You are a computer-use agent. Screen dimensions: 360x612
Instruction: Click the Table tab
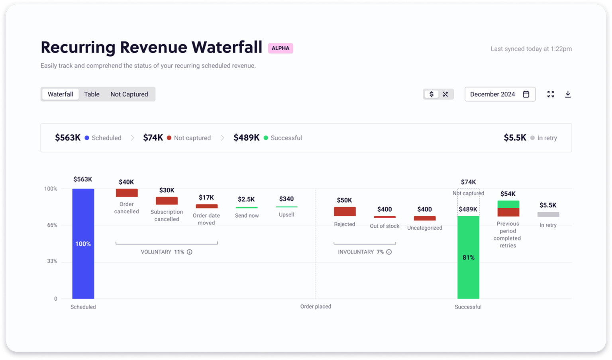(92, 94)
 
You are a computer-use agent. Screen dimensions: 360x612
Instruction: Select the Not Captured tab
(129, 94)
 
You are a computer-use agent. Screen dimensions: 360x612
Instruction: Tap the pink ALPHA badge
(280, 48)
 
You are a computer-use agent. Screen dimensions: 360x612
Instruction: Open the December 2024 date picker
(500, 94)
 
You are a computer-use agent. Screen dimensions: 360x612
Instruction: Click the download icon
(568, 94)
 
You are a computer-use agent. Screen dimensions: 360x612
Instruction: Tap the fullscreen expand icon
(551, 94)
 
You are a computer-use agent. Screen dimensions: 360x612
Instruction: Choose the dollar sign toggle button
(431, 94)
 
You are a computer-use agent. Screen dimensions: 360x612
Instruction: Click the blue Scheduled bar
(83, 243)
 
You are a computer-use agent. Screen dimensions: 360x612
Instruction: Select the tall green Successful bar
(468, 257)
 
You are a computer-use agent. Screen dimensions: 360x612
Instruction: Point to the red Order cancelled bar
(127, 193)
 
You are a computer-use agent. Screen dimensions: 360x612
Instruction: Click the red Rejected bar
(345, 211)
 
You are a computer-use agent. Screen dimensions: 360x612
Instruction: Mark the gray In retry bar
(548, 214)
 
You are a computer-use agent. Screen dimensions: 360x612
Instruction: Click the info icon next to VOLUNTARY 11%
(190, 252)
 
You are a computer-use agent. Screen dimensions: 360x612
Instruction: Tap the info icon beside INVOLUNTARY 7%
(389, 252)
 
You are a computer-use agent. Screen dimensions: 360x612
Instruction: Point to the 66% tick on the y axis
(52, 225)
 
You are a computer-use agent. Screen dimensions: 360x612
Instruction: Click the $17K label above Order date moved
(206, 197)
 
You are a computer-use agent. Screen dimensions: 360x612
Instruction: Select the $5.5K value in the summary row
(515, 138)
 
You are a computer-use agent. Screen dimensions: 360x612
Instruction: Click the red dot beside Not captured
(169, 138)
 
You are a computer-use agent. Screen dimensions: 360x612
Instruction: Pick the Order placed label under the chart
(316, 307)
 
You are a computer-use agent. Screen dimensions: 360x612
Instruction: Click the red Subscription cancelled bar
(167, 201)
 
